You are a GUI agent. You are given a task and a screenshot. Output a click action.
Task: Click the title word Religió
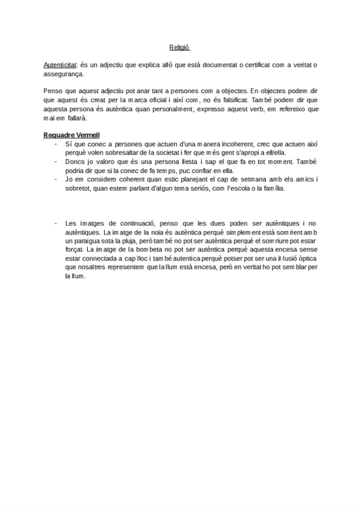pos(179,48)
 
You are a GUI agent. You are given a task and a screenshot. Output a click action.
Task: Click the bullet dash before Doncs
pos(55,161)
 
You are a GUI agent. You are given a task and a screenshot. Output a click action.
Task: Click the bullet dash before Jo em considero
pos(55,179)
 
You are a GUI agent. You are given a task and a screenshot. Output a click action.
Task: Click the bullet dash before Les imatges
pos(55,223)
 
